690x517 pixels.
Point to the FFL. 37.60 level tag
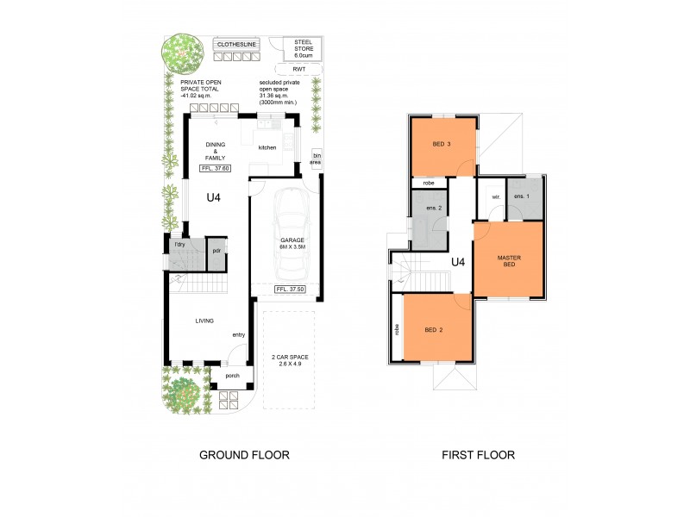pos(215,168)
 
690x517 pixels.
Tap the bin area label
pos(317,158)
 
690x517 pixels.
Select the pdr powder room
pos(218,251)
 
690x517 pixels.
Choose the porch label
pos(232,375)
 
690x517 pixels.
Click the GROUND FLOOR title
pos(244,454)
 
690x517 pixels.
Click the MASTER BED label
pos(508,260)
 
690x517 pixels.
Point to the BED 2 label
pos(434,329)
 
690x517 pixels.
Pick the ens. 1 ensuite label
pos(524,196)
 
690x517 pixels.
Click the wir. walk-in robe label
pos(495,196)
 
